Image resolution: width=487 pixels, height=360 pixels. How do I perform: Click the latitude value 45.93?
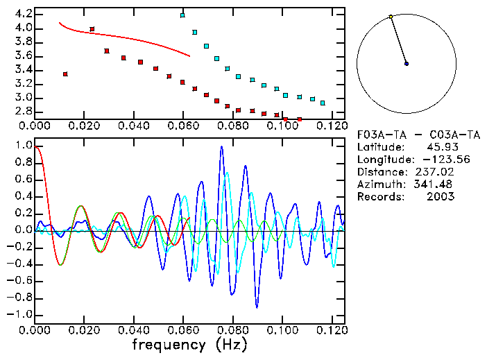[x=440, y=147]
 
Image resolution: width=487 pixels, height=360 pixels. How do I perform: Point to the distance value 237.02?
[x=437, y=172]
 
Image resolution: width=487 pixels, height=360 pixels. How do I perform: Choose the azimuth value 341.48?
[x=437, y=185]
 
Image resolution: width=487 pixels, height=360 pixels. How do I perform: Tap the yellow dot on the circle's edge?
[x=391, y=17]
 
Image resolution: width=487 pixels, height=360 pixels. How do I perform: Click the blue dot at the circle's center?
[x=407, y=64]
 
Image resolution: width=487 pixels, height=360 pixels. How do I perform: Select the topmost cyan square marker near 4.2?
[x=182, y=15]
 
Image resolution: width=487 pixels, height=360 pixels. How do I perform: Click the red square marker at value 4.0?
[x=92, y=29]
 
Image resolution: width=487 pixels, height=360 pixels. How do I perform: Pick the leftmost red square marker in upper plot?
[x=65, y=74]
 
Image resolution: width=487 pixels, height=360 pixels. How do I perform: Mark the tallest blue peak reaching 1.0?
[x=221, y=147]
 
